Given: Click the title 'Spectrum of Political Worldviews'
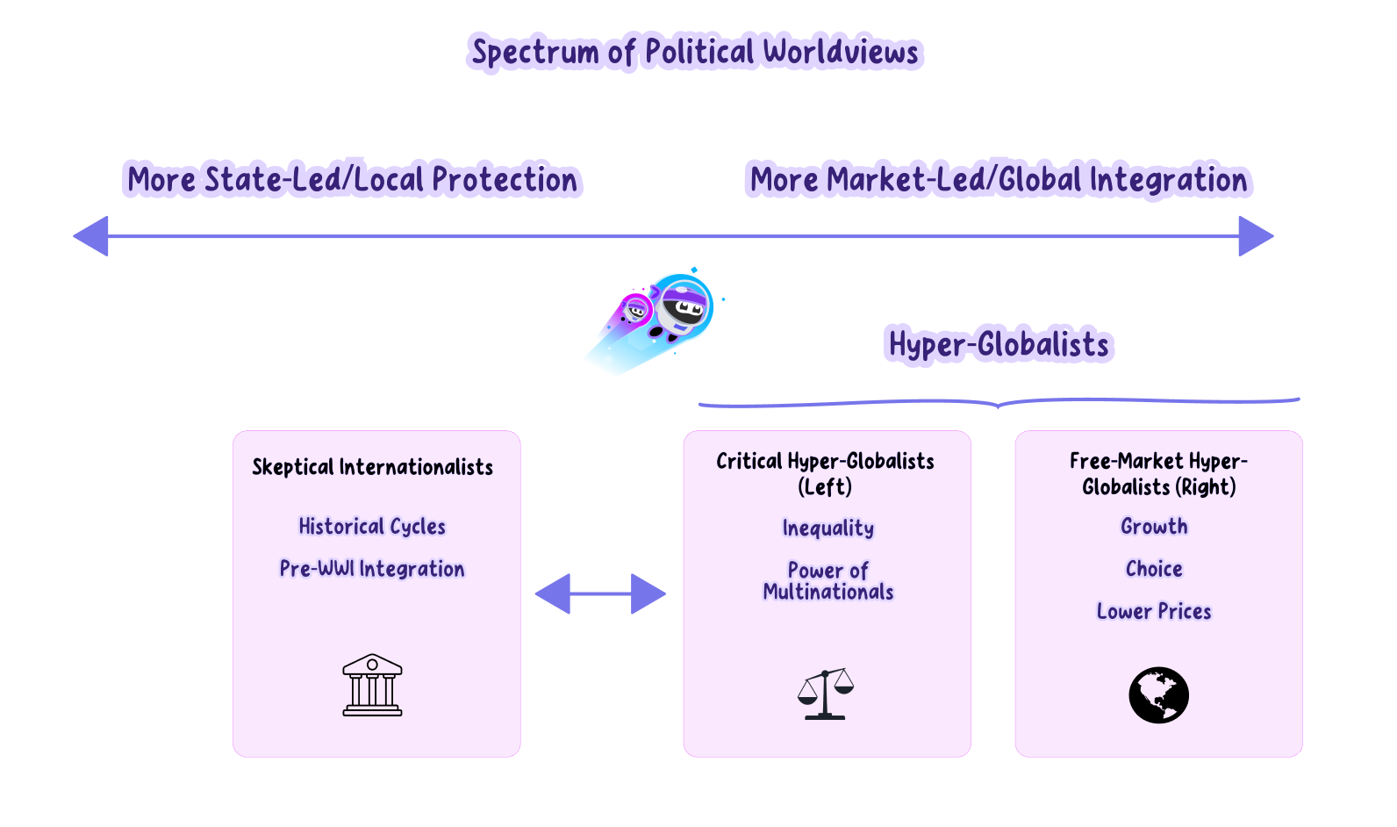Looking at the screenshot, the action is coord(695,52).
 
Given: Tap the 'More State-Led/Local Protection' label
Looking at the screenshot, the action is coord(353,180).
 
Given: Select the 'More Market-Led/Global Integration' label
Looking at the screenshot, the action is coord(999,180).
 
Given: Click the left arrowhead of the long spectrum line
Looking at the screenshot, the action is coord(91,236).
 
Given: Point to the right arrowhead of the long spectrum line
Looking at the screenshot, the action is coord(1255,236).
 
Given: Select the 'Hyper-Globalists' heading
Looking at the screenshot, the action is coord(999,344).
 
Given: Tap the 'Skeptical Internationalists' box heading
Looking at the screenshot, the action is coord(373,467).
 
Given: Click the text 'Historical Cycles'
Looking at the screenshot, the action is coord(372,527).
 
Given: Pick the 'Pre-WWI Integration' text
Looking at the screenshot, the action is coord(372,569).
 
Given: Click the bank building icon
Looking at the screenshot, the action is coord(372,685).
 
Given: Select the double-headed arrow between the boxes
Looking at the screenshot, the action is coord(600,593).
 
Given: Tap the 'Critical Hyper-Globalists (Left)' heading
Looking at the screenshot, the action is coord(825,474).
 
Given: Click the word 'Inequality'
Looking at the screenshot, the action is coord(828,528).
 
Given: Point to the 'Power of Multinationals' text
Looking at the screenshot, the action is coord(828,581).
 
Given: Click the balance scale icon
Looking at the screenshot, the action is coord(825,694).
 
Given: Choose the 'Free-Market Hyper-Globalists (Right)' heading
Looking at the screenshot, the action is coord(1158,474).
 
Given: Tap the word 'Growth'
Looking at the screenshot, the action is coord(1154,527).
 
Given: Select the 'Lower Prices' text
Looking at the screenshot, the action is coord(1154,611).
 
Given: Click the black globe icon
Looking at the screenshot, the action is coord(1158,695).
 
